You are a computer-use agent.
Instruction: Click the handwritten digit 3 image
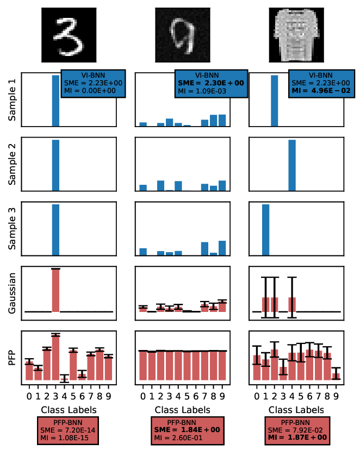[x=69, y=35]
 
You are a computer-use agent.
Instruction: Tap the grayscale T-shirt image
[x=296, y=35]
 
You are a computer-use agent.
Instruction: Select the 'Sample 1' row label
[x=13, y=99]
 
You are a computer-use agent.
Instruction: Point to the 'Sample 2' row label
[x=13, y=163]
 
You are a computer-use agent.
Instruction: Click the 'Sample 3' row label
[x=13, y=228]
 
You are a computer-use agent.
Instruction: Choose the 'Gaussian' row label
[x=13, y=292]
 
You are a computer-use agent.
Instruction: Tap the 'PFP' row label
[x=13, y=357]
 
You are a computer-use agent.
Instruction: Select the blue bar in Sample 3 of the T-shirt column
[x=266, y=229]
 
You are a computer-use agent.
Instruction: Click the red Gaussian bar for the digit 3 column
[x=55, y=291]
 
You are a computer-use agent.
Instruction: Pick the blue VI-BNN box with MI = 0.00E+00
[x=94, y=83]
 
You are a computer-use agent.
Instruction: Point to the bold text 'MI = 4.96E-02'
[x=322, y=90]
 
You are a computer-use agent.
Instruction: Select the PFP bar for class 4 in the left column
[x=64, y=379]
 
